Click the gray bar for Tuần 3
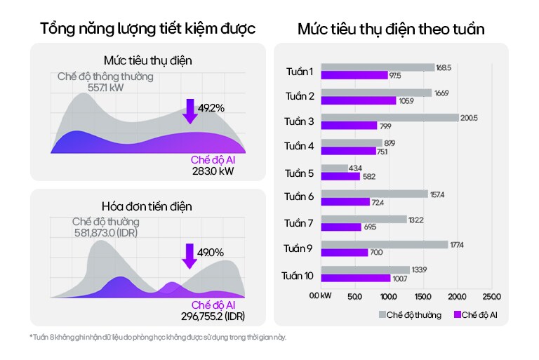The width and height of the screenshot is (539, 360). tap(390, 118)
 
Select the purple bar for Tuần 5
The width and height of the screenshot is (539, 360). tap(340, 176)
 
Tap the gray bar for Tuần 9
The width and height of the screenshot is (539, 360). tap(385, 244)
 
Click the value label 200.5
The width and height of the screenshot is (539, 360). tap(469, 118)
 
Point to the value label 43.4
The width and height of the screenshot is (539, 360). tap(356, 168)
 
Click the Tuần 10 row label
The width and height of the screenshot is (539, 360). tap(297, 274)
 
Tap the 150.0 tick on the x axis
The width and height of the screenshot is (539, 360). tap(423, 295)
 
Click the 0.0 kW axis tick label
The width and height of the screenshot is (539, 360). tap(321, 295)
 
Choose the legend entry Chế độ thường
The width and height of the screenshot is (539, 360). tap(410, 314)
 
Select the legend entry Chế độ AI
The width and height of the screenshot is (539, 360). tap(479, 314)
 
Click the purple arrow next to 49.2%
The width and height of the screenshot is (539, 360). tap(189, 111)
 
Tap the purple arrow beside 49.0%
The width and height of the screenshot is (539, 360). tap(189, 255)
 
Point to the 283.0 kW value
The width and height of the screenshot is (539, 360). tap(213, 171)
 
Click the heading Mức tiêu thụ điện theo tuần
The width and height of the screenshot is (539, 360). tap(391, 29)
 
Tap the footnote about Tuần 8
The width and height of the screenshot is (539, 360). tap(159, 338)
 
